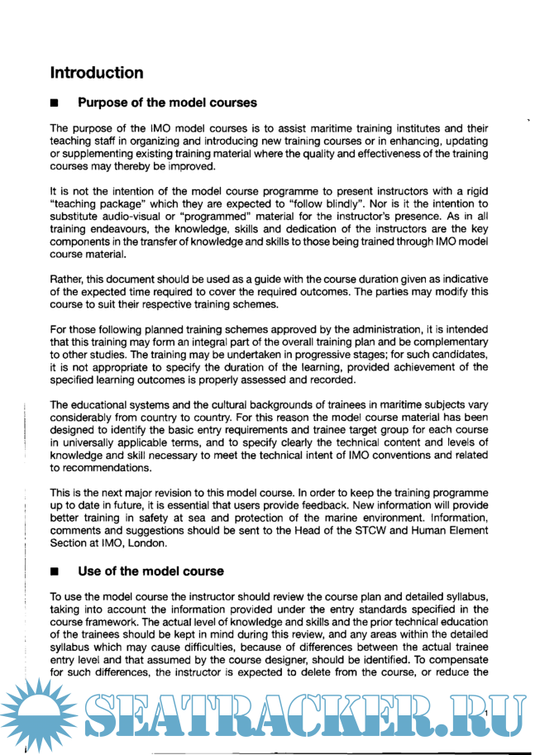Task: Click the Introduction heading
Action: click(x=97, y=73)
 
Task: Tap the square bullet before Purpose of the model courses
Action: click(x=55, y=104)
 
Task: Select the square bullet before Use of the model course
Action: click(x=55, y=571)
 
